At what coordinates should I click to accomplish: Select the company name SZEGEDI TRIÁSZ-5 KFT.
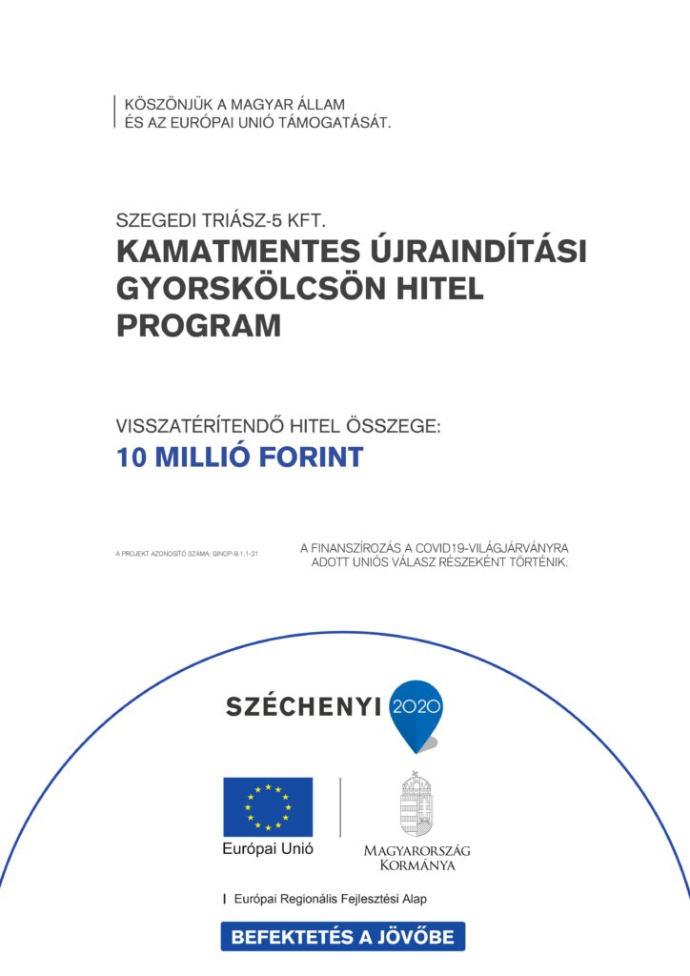[221, 221]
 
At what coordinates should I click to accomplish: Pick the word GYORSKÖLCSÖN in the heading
[251, 289]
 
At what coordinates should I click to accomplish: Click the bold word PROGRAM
[198, 326]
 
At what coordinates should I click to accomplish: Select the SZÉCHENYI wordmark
[302, 706]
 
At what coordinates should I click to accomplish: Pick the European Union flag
[268, 806]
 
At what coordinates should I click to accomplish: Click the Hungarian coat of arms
[416, 803]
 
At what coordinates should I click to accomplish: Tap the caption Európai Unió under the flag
[268, 848]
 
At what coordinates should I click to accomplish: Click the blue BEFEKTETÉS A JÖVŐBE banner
[343, 936]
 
